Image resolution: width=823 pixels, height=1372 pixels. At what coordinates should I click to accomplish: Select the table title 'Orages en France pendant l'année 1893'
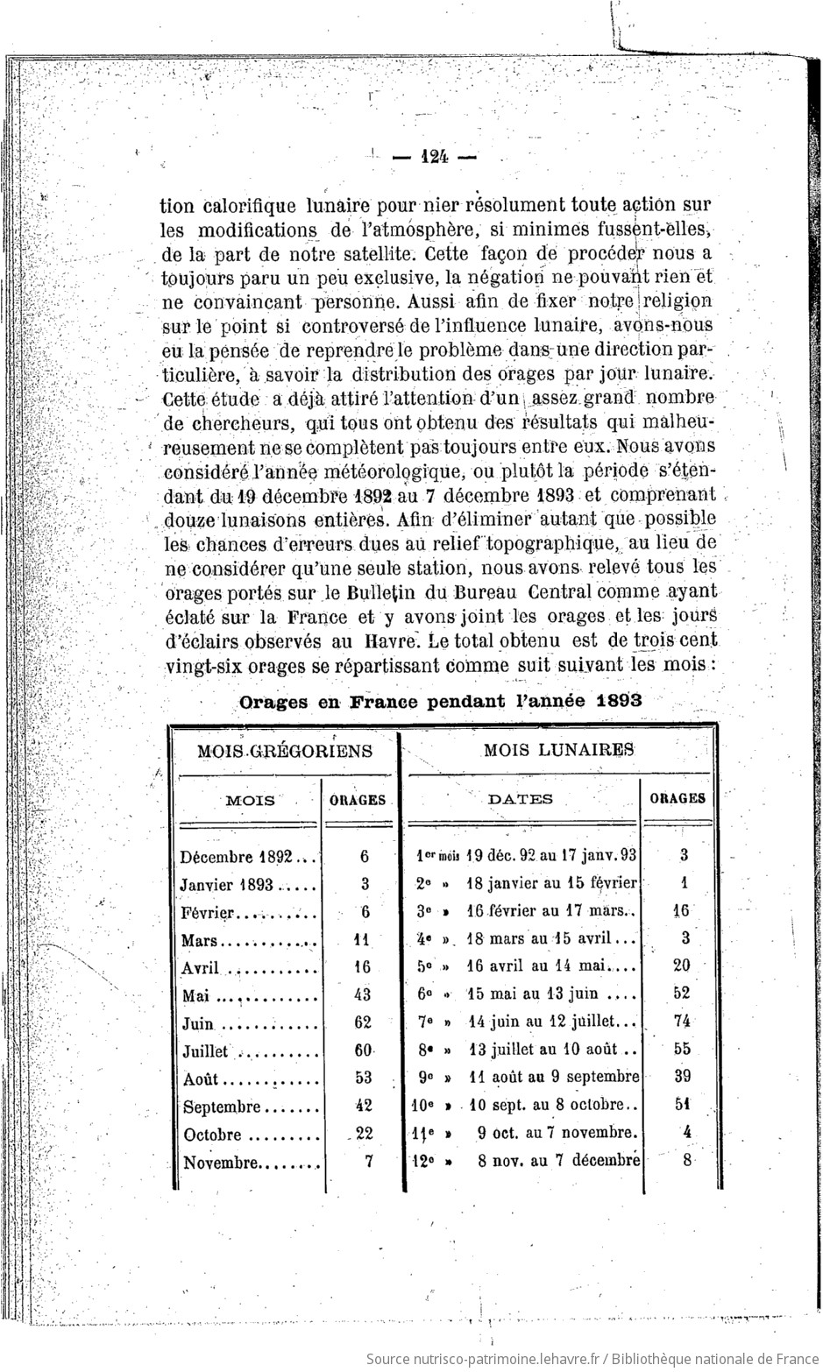click(441, 701)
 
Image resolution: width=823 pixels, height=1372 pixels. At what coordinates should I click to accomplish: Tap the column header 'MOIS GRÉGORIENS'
click(285, 751)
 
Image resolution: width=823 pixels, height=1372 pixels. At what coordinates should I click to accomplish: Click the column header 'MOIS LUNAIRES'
click(559, 750)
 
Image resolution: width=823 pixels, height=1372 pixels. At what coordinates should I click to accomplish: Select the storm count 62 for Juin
click(363, 1022)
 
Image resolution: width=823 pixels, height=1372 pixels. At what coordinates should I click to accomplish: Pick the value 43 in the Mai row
click(363, 994)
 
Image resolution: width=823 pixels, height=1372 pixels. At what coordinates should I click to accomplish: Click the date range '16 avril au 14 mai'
click(542, 966)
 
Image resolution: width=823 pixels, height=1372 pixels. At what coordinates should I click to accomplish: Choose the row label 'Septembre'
click(222, 1107)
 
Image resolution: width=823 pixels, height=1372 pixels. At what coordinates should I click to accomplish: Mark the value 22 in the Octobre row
click(364, 1133)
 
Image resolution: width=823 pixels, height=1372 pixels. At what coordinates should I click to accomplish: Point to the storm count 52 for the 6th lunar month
click(681, 993)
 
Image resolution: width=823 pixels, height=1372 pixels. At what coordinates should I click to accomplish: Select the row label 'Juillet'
click(205, 1051)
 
